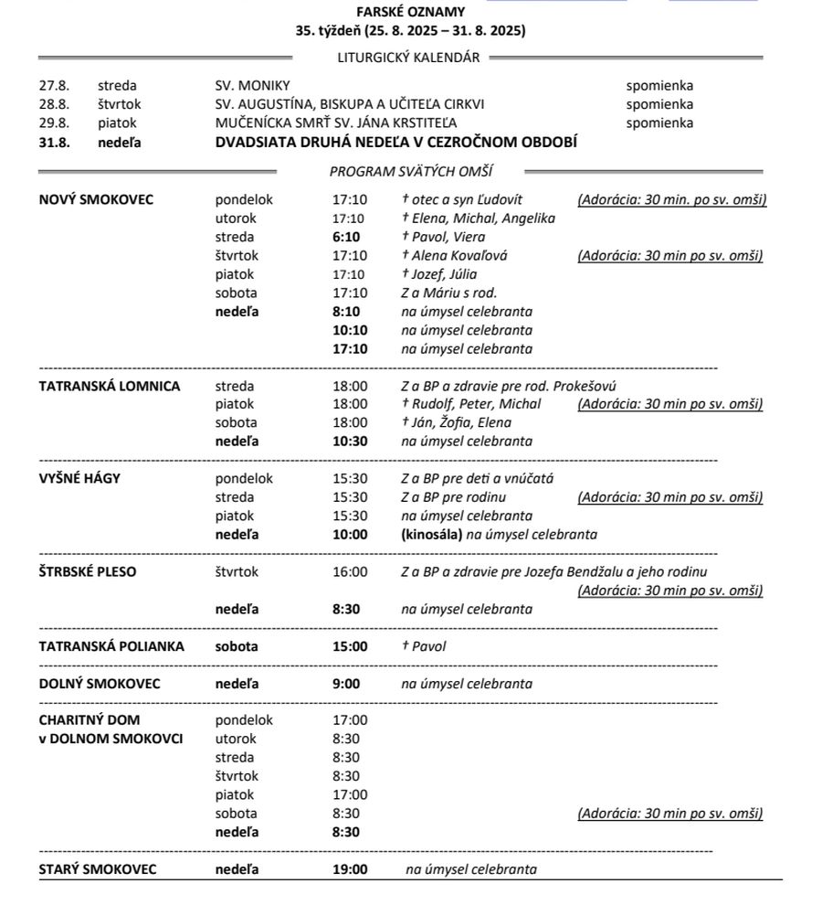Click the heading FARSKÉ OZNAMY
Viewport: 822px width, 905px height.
(x=410, y=12)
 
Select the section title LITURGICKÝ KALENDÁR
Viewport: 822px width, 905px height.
(x=408, y=58)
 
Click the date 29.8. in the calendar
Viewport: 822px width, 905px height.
(x=53, y=122)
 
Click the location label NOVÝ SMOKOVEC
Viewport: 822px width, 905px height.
(x=96, y=199)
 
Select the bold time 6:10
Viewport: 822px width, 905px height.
(x=346, y=237)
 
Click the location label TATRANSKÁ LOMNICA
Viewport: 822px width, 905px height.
(x=110, y=386)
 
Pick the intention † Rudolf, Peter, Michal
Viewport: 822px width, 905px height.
(x=470, y=404)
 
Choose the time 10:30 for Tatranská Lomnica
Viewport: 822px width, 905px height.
(x=350, y=442)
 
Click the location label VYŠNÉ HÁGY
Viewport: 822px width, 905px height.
(x=79, y=478)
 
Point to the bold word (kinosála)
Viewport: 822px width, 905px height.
(x=431, y=535)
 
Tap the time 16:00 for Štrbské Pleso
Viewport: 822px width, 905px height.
(x=350, y=571)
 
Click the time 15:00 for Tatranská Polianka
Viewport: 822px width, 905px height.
(x=350, y=646)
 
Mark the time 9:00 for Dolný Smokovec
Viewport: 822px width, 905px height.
(x=346, y=684)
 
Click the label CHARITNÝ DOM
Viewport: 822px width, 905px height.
(x=90, y=720)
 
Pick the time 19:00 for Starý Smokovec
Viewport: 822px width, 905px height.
(x=350, y=869)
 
